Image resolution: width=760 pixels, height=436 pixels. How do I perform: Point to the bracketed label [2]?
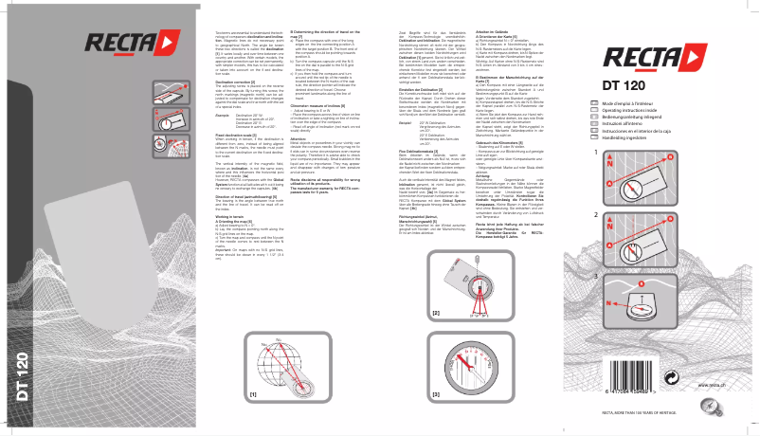coord(436,311)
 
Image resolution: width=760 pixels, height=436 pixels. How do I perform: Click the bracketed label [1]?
coord(253,391)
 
